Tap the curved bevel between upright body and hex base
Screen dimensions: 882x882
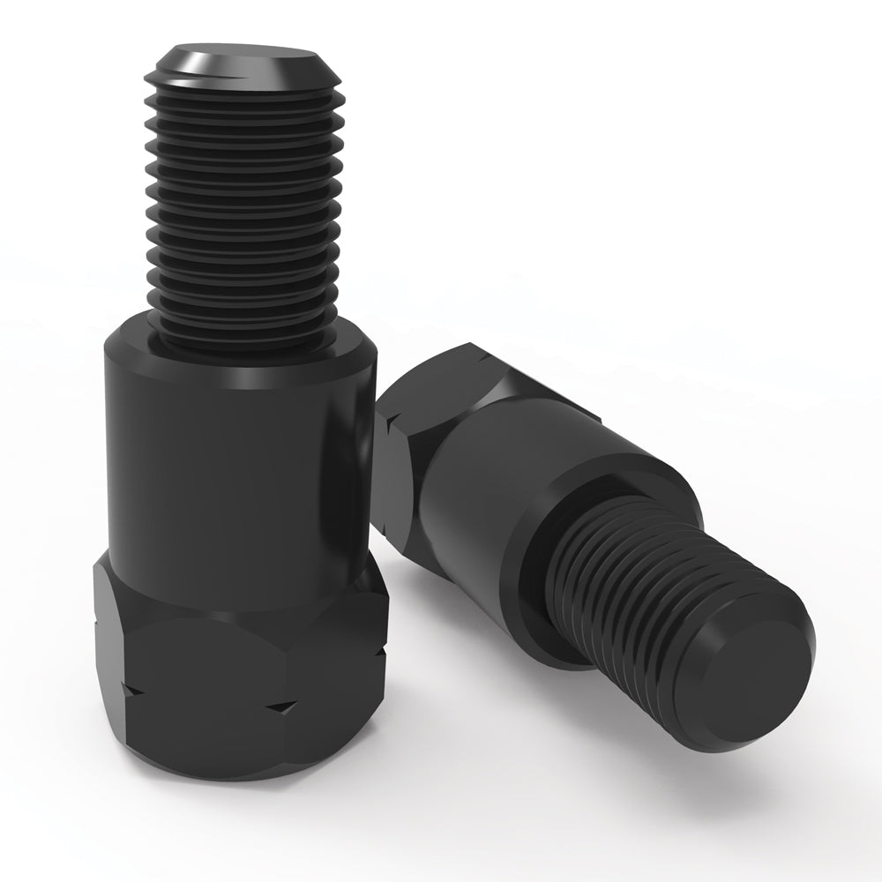(238, 587)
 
